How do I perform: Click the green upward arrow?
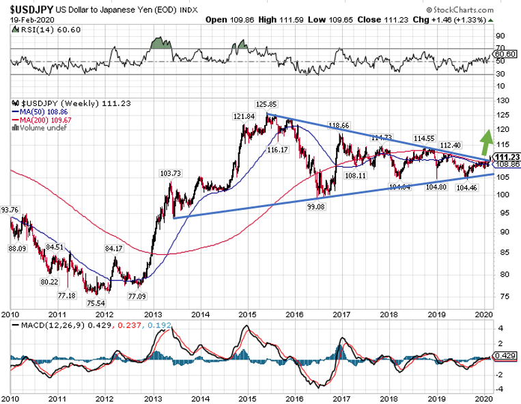pos(486,142)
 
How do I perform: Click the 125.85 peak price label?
pos(266,104)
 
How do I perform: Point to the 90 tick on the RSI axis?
pos(500,36)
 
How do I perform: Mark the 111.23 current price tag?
pos(506,156)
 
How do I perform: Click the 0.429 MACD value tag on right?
pos(507,357)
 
